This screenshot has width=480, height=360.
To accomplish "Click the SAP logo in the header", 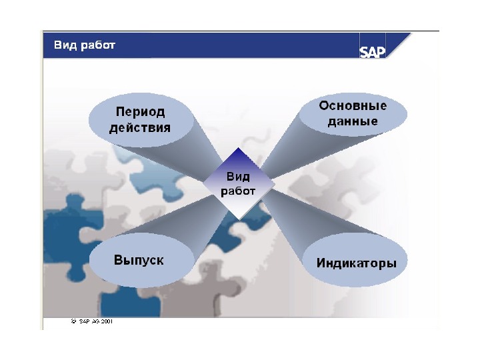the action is (373, 51).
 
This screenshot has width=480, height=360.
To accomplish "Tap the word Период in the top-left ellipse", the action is (140, 111).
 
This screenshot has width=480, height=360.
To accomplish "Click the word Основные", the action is (353, 106).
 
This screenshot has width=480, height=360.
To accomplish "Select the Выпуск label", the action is (139, 261).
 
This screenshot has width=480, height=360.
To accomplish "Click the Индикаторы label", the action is (356, 263).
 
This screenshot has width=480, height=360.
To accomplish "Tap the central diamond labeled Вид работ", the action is (238, 184).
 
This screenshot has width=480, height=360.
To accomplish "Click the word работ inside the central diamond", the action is (238, 191).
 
